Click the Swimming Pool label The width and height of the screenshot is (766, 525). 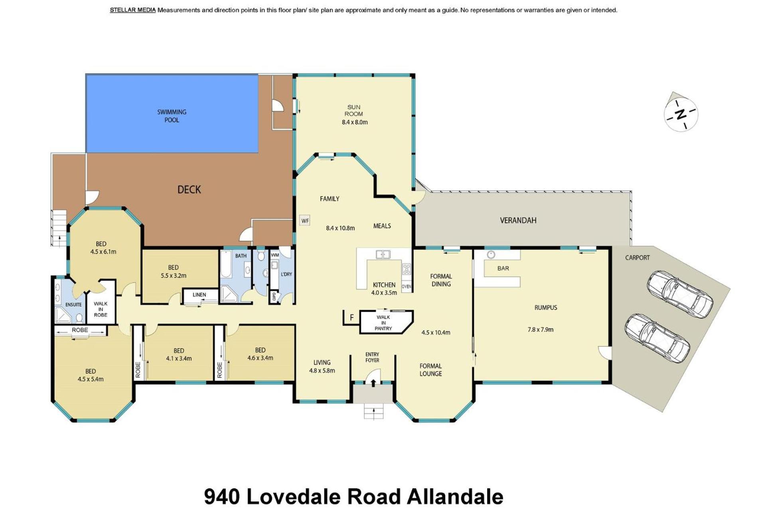(172, 116)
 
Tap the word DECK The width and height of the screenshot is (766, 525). (189, 189)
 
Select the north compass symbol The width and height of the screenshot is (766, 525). (681, 114)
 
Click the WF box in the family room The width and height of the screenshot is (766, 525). (305, 220)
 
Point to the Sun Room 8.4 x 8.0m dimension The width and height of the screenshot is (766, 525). (355, 122)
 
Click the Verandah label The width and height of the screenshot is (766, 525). (518, 220)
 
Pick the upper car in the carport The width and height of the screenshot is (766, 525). (680, 294)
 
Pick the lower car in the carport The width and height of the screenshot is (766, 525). (657, 338)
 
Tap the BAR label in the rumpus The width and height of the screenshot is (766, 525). (503, 268)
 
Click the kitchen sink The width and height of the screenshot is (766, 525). (383, 254)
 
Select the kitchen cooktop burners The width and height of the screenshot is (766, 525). (407, 269)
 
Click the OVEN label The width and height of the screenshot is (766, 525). (407, 287)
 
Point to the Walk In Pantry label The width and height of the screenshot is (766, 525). (383, 323)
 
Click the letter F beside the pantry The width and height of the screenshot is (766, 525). (351, 318)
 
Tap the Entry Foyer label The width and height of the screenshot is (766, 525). (372, 357)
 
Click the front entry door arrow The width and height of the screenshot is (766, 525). (373, 383)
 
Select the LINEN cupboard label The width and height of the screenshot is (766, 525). (199, 295)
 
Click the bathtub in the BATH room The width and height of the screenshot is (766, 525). (226, 264)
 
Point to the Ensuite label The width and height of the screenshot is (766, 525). (73, 305)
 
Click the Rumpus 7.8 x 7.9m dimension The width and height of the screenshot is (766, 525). (540, 330)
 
